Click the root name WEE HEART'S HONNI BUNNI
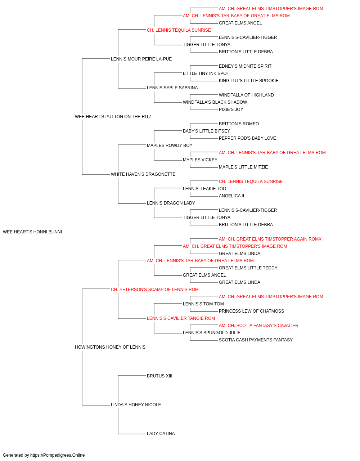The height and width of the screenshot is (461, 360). [x=32, y=232]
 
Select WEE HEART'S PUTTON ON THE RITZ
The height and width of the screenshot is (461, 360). [x=113, y=117]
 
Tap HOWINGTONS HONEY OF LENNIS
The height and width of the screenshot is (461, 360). [x=110, y=347]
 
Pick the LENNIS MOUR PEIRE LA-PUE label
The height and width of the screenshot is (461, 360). [x=141, y=59]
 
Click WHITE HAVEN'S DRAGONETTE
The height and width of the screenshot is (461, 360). [x=143, y=174]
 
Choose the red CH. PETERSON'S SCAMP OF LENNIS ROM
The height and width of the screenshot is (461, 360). [x=155, y=290]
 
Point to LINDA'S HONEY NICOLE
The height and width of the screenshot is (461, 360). [x=136, y=405]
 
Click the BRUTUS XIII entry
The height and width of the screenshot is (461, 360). [x=159, y=376]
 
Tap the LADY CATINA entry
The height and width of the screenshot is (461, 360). [x=161, y=434]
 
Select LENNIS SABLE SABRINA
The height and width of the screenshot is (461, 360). [x=172, y=88]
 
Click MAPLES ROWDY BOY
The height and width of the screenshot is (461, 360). [x=170, y=146]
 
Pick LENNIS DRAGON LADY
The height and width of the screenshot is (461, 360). [x=171, y=203]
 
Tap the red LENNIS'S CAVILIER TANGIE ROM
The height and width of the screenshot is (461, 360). [x=181, y=318]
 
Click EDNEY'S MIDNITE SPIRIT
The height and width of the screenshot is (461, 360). [x=245, y=66]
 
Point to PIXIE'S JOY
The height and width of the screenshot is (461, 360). [x=231, y=109]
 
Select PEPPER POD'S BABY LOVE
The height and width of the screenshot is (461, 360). [x=247, y=138]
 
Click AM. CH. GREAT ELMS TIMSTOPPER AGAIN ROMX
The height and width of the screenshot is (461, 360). [x=270, y=239]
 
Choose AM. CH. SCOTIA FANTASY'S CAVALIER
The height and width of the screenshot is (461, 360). [x=258, y=326]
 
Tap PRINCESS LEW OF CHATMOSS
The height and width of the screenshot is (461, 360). [x=251, y=311]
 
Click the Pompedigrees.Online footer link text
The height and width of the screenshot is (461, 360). [x=58, y=455]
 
